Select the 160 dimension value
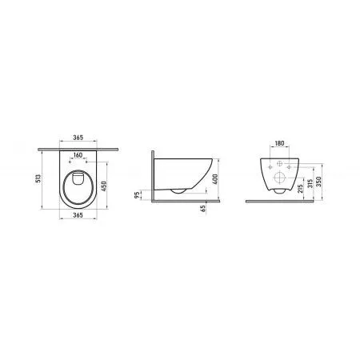point(78,154)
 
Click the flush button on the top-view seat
point(78,169)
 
